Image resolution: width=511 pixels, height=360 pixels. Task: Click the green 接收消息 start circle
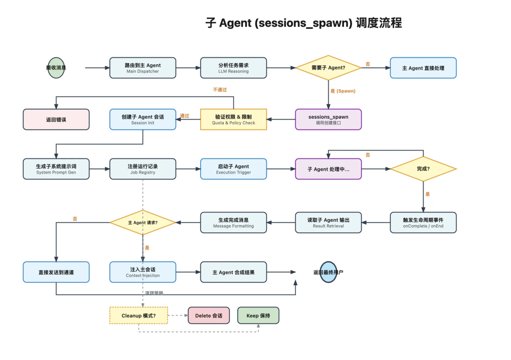coord(56,68)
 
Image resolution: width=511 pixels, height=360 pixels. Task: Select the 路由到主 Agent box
coord(142,68)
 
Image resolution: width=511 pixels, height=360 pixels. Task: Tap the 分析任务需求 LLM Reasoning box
coord(233,68)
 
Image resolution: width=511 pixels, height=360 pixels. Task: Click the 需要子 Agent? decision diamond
coord(328,68)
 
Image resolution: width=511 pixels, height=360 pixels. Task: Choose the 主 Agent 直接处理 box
coord(423,68)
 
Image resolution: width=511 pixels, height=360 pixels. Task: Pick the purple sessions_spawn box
coord(328,119)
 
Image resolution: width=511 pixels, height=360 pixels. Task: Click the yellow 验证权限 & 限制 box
coord(233,119)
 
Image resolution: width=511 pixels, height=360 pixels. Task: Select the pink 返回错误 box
coord(56,119)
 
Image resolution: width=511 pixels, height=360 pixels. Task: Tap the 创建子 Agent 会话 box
coord(142,119)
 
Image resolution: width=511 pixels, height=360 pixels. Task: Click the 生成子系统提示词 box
coord(56,169)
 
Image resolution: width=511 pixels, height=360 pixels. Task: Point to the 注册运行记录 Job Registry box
coord(142,169)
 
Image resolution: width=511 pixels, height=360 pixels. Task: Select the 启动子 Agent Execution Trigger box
coord(233,169)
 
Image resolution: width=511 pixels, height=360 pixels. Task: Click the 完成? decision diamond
coord(423,169)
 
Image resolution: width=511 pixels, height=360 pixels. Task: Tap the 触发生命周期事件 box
coord(423,222)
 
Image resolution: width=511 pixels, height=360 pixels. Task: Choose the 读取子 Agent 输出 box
coord(328,222)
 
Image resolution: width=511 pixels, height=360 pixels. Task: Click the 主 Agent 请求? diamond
coord(142,222)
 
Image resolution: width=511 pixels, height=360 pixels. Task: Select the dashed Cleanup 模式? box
coord(139,316)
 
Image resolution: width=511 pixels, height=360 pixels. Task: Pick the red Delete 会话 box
coord(209,316)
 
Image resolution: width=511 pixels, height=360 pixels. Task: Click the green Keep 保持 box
coord(258,316)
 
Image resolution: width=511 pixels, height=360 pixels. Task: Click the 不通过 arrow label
coord(220,89)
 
